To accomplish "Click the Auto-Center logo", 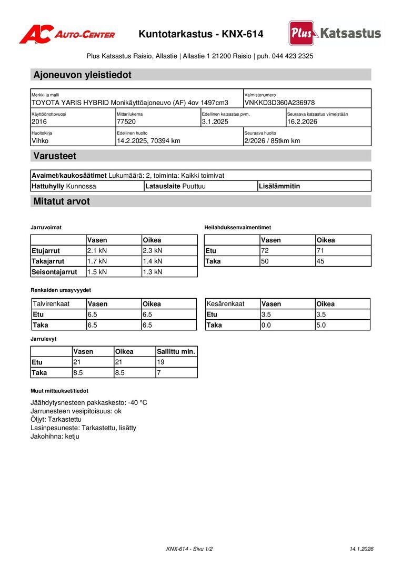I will [67, 35].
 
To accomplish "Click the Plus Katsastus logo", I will [335, 34].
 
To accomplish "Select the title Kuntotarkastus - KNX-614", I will [201, 35].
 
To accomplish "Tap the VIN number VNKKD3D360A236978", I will [279, 103].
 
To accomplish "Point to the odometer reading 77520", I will [126, 121].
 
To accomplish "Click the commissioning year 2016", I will [39, 121].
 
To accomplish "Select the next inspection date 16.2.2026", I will [302, 121].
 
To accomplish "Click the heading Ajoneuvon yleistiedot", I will [82, 75].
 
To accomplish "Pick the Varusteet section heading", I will [55, 156].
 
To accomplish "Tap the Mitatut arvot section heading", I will [62, 201].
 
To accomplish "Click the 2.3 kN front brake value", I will [153, 250].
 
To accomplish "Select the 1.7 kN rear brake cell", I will [97, 261].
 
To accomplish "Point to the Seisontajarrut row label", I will [54, 272].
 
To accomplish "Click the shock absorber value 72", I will [265, 250].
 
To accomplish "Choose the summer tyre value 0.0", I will [266, 325].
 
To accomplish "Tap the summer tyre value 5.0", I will [321, 325].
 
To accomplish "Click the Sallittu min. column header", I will [176, 351].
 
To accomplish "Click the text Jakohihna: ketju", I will [55, 436].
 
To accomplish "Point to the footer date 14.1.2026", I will [361, 549].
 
